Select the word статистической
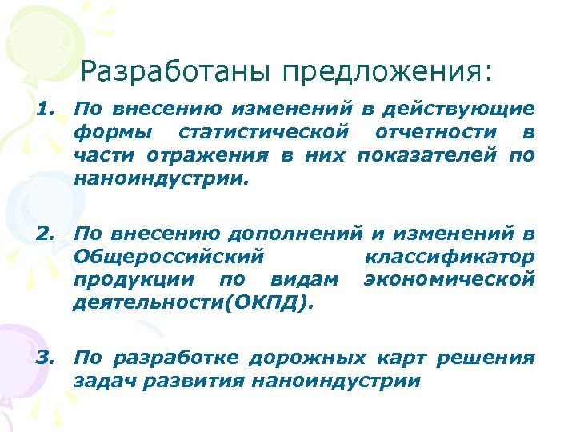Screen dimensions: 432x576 tap(265, 131)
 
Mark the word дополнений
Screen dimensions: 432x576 tap(295, 234)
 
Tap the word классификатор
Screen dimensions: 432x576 tap(449, 257)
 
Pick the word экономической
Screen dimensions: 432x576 tap(449, 279)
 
